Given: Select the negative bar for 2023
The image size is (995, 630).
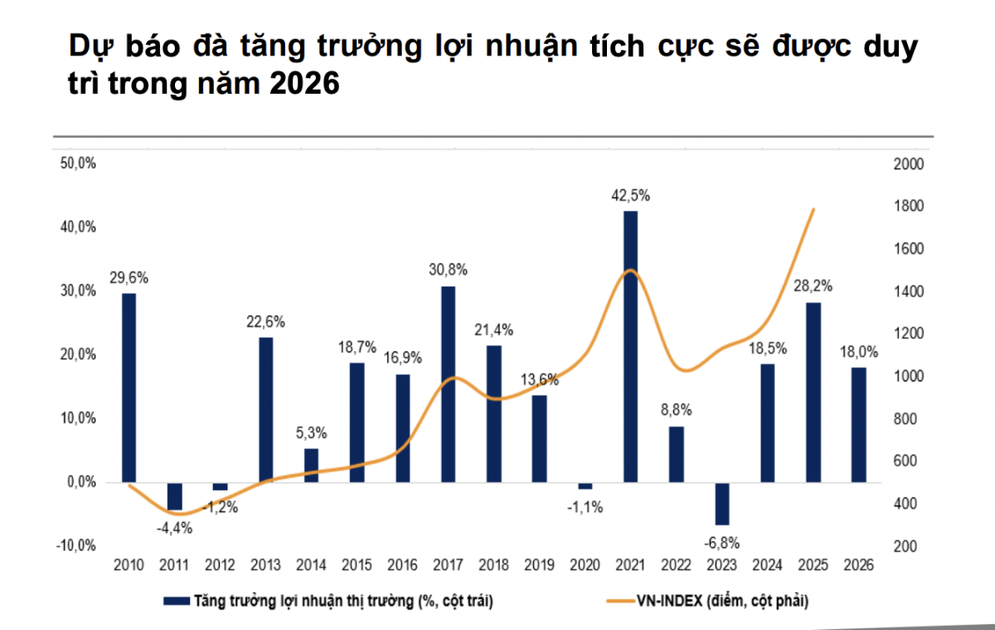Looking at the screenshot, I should (722, 503).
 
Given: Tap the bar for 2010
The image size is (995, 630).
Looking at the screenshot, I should (129, 387).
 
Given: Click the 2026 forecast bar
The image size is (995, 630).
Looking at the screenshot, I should (858, 424).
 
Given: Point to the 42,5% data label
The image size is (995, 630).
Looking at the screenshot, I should (631, 196).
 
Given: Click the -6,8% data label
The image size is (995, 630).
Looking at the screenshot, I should (722, 543).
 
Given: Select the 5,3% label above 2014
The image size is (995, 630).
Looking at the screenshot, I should (311, 433).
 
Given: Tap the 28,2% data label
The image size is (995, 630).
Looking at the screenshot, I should (813, 287).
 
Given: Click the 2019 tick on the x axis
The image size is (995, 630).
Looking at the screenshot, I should (539, 565).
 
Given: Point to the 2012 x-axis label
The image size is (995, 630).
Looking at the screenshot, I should (220, 565).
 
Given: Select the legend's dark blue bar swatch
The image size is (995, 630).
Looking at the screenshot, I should (175, 600).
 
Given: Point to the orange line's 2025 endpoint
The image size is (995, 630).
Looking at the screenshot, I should (814, 209).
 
